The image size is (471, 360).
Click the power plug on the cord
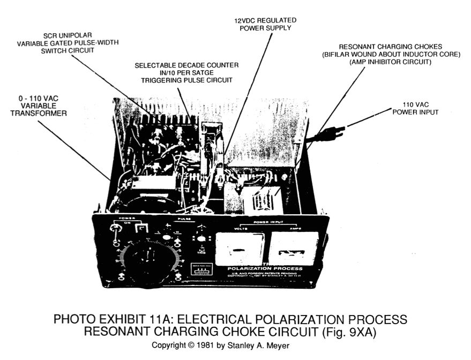tap(328, 134)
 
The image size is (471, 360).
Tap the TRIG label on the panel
tap(201, 251)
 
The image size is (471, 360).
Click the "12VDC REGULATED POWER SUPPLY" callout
tap(265, 24)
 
